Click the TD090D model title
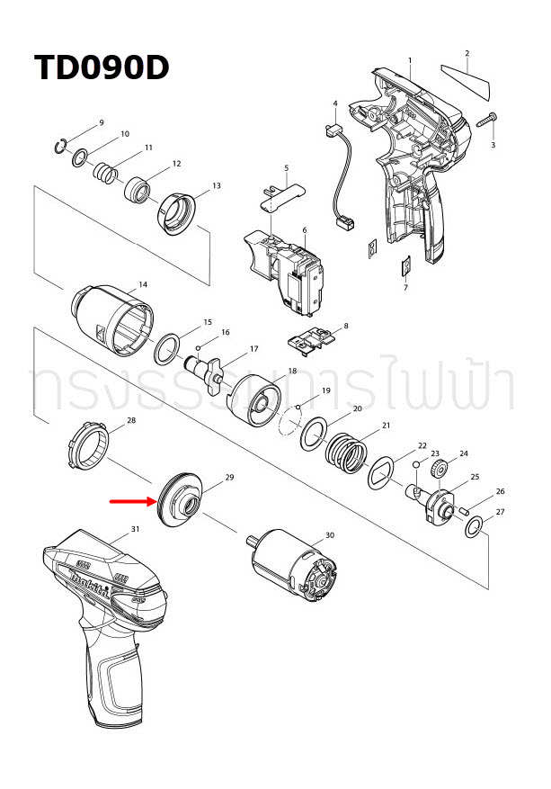[x=101, y=68]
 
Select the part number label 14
[x=142, y=285]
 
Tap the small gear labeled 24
[x=440, y=470]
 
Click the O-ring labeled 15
[x=166, y=348]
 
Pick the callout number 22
[x=422, y=446]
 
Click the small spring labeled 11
[x=106, y=170]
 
